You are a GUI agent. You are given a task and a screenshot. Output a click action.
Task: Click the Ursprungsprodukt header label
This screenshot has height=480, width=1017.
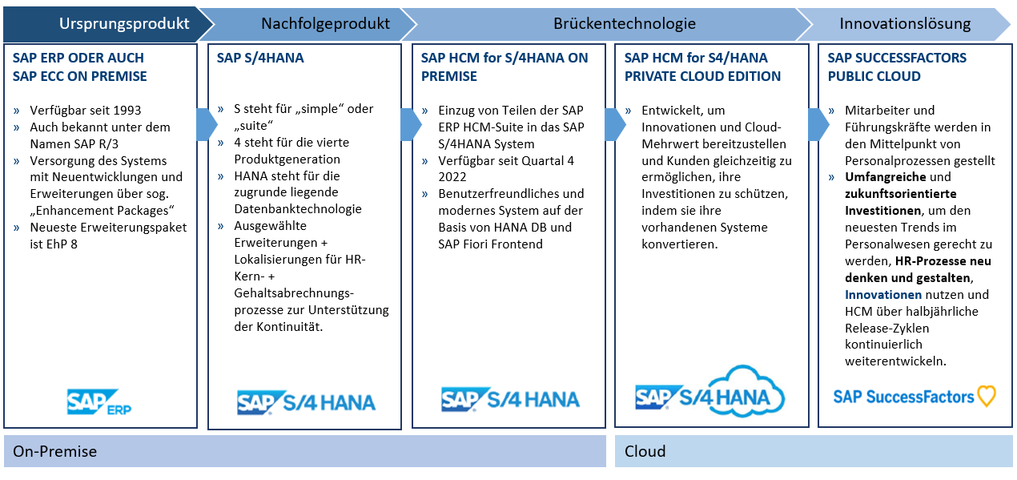coord(124,24)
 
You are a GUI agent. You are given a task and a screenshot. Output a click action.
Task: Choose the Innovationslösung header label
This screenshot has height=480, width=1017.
coord(905,24)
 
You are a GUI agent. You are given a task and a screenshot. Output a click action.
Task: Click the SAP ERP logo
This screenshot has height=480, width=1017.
coord(99,401)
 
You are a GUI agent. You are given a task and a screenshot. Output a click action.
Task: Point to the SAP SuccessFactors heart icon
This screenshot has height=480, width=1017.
coord(987,396)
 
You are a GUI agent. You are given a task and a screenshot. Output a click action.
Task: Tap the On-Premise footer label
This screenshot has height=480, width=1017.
coord(54,451)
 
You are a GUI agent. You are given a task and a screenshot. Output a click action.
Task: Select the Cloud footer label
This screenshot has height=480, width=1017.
coord(645,451)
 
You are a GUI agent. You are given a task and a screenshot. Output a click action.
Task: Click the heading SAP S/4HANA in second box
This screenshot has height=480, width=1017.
coord(260,58)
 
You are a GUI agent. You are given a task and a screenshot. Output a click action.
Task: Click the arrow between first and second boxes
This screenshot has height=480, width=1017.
coord(206,124)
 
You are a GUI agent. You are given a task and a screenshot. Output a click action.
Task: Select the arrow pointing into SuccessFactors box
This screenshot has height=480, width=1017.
coord(818,124)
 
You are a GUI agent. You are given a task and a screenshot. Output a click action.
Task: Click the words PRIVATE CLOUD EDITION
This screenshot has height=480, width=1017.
coord(702,76)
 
